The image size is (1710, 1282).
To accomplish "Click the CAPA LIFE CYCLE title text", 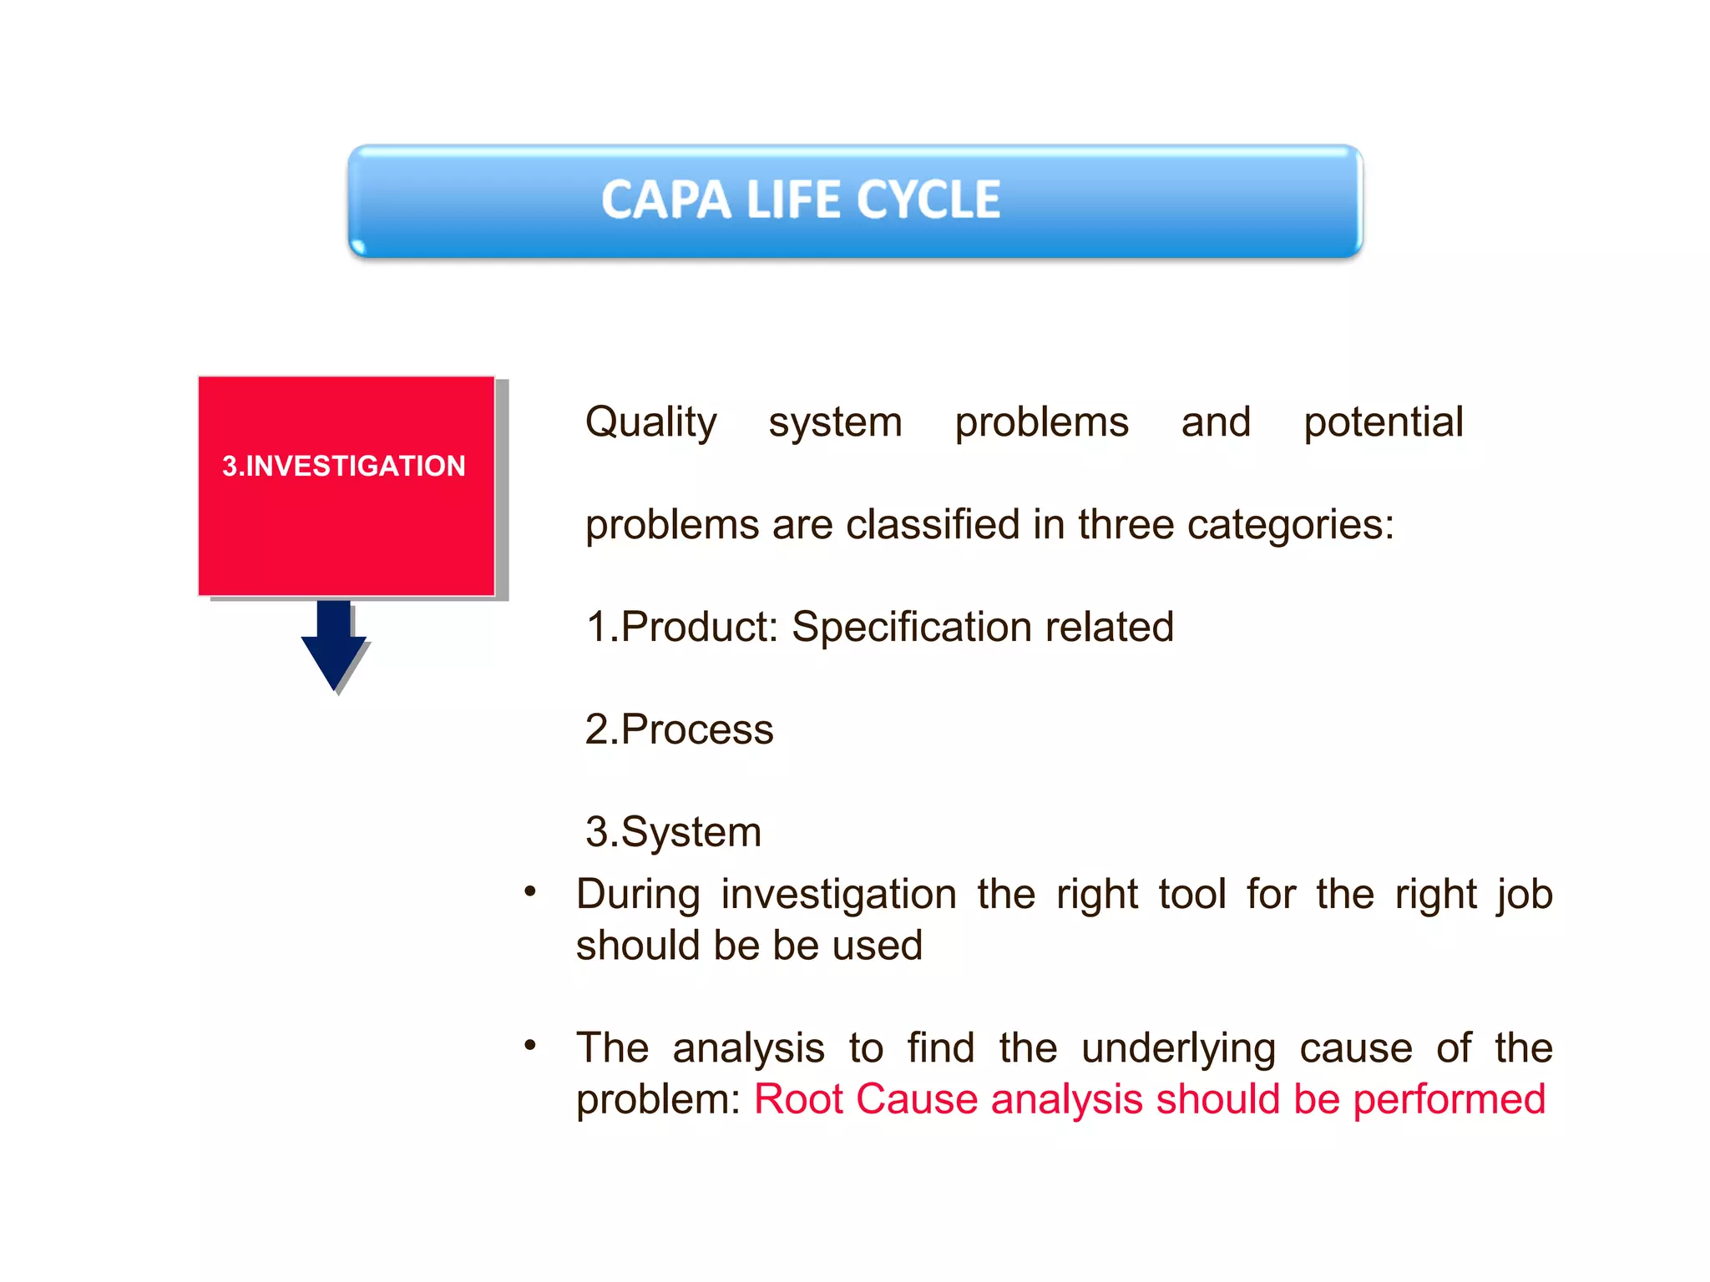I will pos(801,200).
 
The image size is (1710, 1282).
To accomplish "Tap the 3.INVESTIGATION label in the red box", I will pos(344,466).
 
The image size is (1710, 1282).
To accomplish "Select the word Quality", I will pos(650,422).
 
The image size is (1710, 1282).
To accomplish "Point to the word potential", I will pos(1383,422).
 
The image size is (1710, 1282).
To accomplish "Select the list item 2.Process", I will pos(680,729).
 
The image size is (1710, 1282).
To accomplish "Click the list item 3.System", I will pos(674,832).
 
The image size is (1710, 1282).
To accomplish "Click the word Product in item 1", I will pos(698,627).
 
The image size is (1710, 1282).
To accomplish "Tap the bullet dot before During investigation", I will pos(530,892).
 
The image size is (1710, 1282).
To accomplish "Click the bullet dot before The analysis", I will pos(530,1046).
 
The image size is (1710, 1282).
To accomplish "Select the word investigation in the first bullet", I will pos(838,896).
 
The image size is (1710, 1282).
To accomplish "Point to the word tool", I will pos(1192,894).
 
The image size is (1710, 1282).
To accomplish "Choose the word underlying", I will pos(1178,1049).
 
